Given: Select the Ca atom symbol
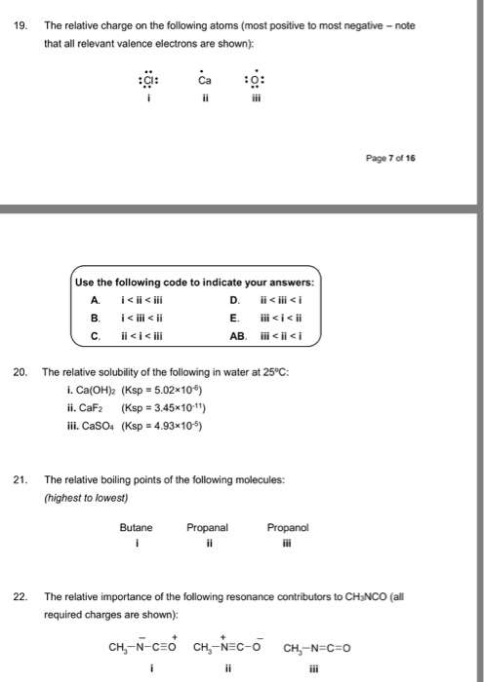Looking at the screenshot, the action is [x=203, y=79].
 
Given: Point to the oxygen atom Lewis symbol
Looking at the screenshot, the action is [x=254, y=79].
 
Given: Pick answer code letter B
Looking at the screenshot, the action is [x=95, y=318].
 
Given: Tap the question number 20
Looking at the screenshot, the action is [x=20, y=372].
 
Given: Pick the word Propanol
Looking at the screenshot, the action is [x=287, y=527].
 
